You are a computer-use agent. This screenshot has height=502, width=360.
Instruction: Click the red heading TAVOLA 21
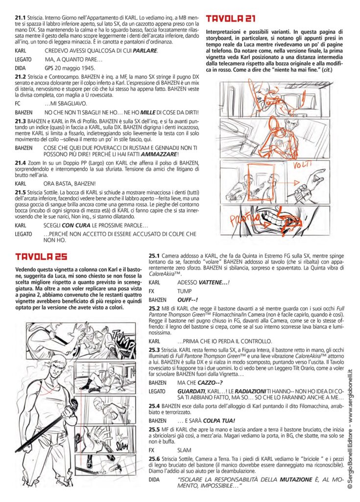[229, 19]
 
